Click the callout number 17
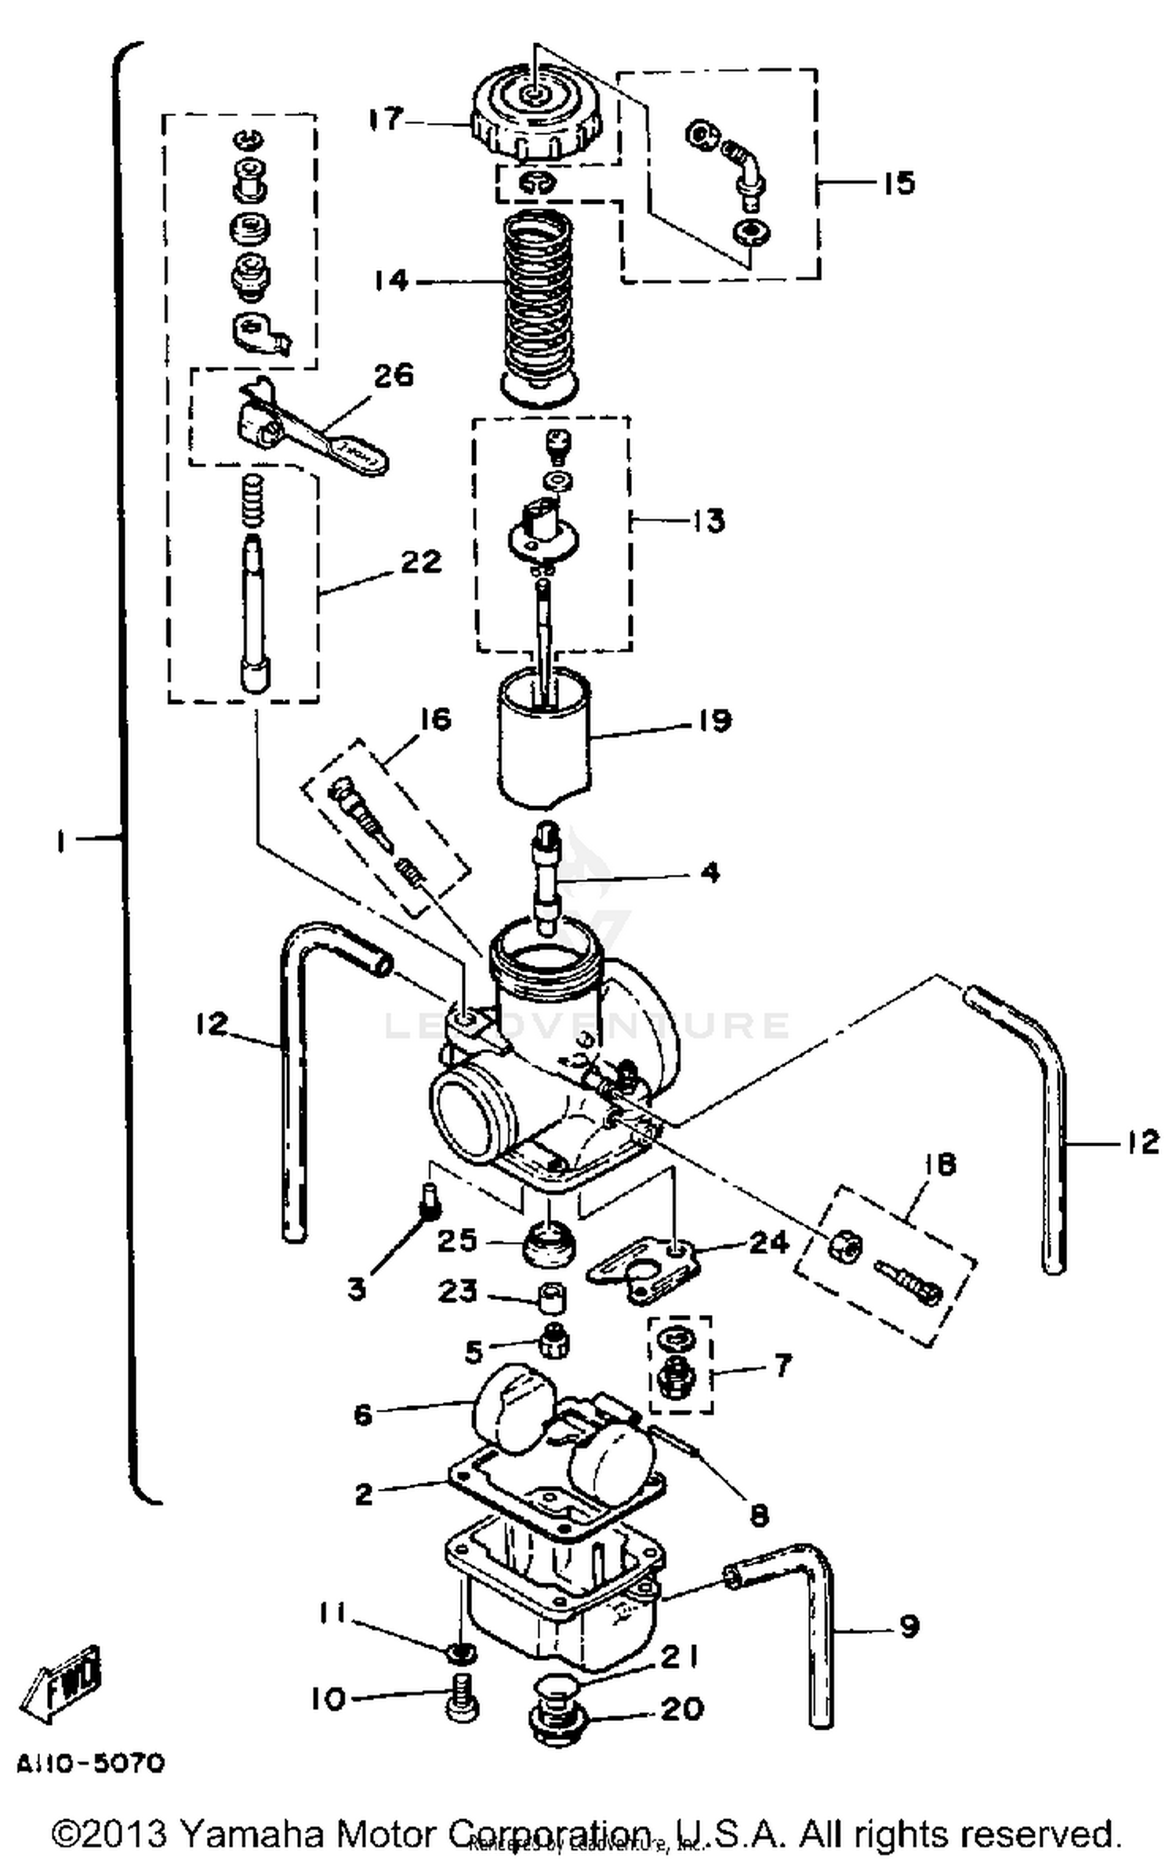click(x=387, y=119)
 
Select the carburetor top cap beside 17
click(x=537, y=114)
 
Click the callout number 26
click(x=393, y=375)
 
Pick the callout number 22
click(x=421, y=561)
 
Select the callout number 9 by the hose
click(x=908, y=1628)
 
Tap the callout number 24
click(x=768, y=1242)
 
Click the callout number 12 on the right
click(x=1142, y=1142)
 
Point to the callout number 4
click(x=710, y=872)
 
